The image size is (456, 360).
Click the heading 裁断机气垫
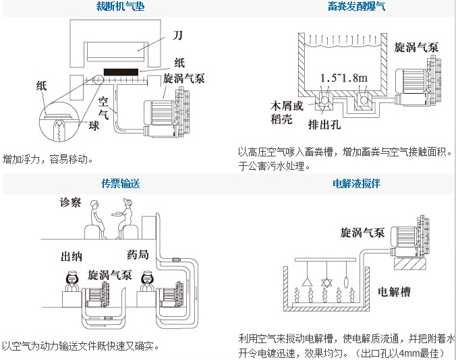[120, 7]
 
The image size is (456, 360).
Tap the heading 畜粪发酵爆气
[357, 7]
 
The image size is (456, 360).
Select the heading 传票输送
[120, 183]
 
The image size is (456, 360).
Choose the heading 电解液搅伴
[357, 183]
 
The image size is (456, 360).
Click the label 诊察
[70, 203]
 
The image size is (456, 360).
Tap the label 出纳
[72, 256]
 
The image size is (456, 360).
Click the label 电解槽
[393, 292]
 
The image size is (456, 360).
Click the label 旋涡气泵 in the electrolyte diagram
[362, 233]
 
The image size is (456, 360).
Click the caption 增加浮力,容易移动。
[47, 160]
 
